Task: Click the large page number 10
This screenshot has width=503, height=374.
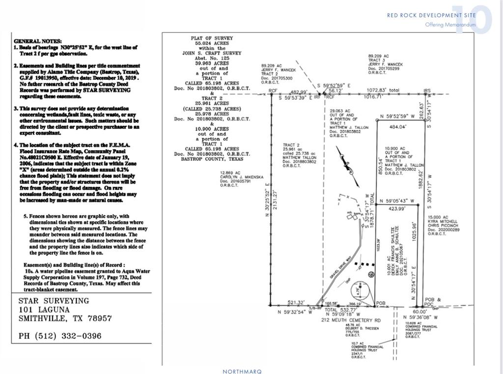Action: [x=471, y=20]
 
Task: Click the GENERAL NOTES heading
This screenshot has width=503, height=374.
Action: [x=38, y=41]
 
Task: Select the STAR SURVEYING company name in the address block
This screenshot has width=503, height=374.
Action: [x=54, y=301]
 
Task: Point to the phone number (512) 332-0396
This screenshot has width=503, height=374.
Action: [x=60, y=336]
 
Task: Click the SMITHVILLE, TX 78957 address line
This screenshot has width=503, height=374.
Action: [x=65, y=318]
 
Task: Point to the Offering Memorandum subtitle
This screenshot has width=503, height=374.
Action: [x=450, y=25]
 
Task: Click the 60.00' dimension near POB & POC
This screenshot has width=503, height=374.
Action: [x=419, y=312]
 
